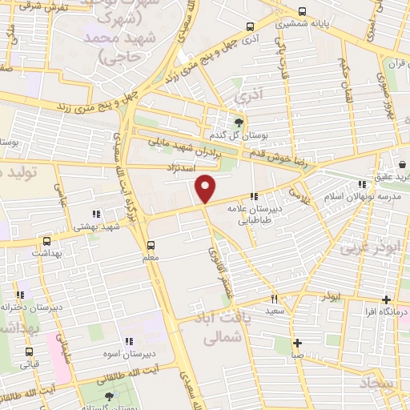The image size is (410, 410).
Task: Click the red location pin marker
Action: pyautogui.click(x=207, y=187)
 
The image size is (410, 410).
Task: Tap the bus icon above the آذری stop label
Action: pyautogui.click(x=251, y=26)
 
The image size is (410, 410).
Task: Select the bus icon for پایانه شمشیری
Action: pyautogui.click(x=302, y=12)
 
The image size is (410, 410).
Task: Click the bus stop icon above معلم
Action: pyautogui.click(x=151, y=245)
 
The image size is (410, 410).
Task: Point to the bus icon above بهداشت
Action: pyautogui.click(x=46, y=241)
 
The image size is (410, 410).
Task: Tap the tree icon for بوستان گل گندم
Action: pyautogui.click(x=239, y=123)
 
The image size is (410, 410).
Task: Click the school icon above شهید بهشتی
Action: pyautogui.click(x=97, y=214)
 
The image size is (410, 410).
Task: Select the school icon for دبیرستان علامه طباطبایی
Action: pyautogui.click(x=255, y=196)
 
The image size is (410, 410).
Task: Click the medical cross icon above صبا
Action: pyautogui.click(x=297, y=342)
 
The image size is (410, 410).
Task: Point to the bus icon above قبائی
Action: pyautogui.click(x=30, y=352)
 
